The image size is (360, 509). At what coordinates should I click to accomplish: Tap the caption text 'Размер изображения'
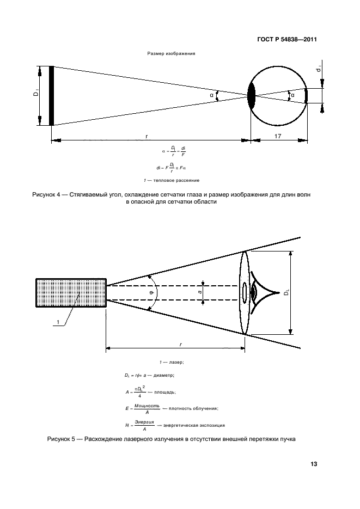[171, 54]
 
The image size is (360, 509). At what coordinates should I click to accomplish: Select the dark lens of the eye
[251, 96]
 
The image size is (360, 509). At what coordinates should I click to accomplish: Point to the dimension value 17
[278, 137]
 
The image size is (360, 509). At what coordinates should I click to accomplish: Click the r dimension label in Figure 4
[147, 137]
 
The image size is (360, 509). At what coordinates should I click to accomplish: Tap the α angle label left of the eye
[211, 96]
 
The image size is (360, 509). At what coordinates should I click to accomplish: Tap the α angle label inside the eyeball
[292, 95]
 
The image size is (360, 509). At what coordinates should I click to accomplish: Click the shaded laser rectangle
[71, 293]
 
